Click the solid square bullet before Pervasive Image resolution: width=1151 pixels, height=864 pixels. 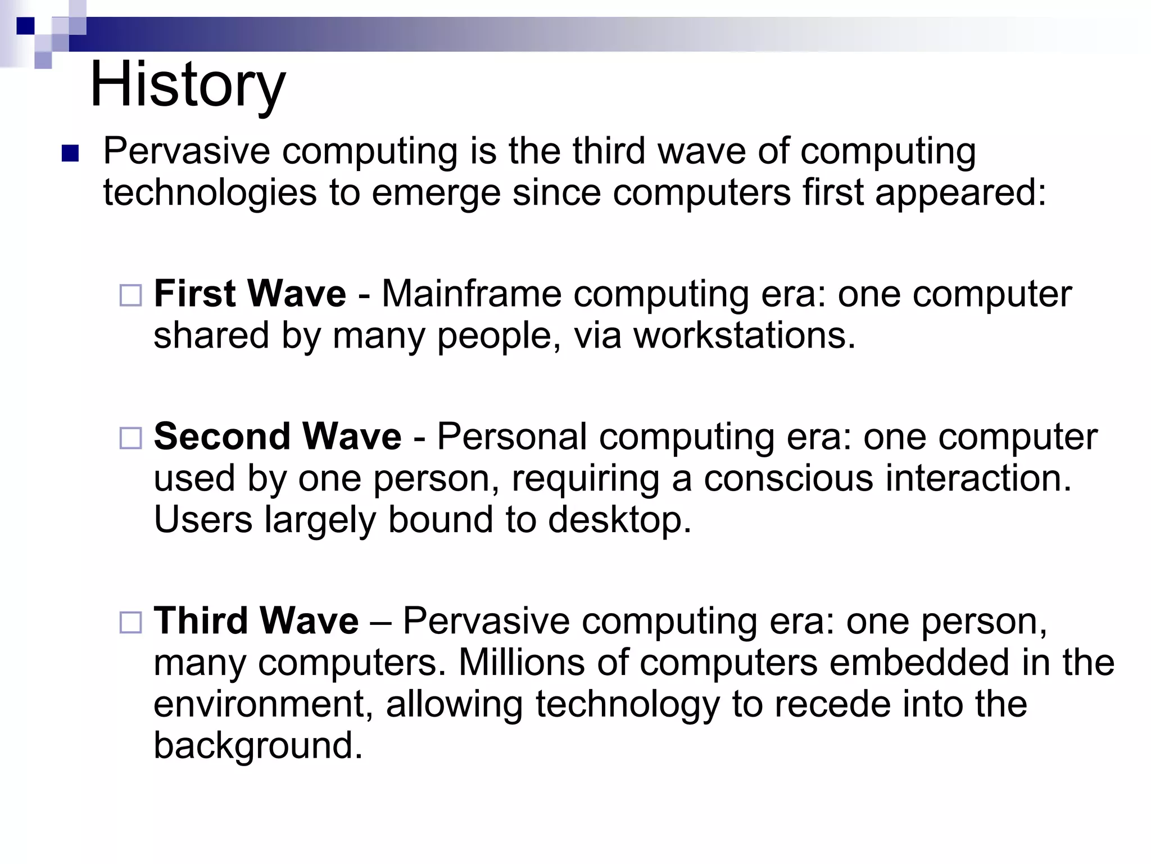(70, 154)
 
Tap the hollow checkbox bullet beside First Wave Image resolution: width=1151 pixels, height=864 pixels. (131, 295)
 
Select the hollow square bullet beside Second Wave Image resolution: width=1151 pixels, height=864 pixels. (131, 438)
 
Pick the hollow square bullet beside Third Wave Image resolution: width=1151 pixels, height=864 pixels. (131, 622)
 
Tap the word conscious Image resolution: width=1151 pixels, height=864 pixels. (788, 478)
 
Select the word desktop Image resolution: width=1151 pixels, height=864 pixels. (619, 520)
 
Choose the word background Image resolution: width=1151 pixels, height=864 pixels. (259, 746)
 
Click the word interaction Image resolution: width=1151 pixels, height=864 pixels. (979, 478)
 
